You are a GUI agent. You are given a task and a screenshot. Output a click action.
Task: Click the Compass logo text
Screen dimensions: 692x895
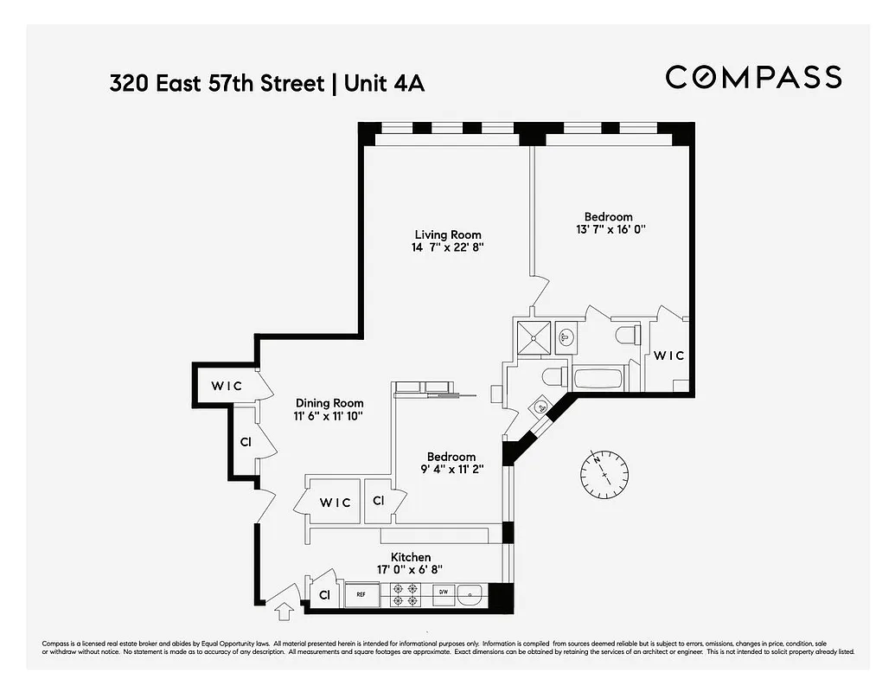pyautogui.click(x=753, y=77)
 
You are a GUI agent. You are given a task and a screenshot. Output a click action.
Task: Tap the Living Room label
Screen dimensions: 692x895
pyautogui.click(x=447, y=234)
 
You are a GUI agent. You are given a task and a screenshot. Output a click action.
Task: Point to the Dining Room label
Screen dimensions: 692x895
pyautogui.click(x=329, y=403)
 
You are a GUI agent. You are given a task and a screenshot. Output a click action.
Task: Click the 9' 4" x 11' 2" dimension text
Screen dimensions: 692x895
pyautogui.click(x=451, y=470)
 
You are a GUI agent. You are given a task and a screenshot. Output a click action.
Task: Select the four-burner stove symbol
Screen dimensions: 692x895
pyautogui.click(x=402, y=594)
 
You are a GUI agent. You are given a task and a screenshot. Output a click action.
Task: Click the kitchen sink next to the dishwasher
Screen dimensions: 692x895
pyautogui.click(x=471, y=594)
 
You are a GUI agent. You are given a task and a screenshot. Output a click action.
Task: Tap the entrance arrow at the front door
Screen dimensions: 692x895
pyautogui.click(x=282, y=612)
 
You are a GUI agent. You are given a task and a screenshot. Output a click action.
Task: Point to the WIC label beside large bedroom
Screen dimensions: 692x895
pyautogui.click(x=668, y=356)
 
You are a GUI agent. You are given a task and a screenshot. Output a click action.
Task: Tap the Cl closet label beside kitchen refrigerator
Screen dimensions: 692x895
pyautogui.click(x=325, y=595)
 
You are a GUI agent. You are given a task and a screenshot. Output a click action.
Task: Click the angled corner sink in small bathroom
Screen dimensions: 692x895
pyautogui.click(x=541, y=407)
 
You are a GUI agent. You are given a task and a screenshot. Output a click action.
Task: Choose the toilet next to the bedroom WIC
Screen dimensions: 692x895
pyautogui.click(x=627, y=334)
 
